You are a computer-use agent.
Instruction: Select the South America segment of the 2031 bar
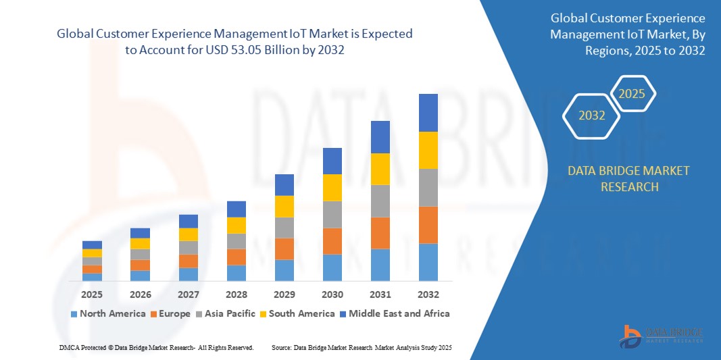380,169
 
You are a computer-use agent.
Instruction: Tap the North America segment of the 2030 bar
332,267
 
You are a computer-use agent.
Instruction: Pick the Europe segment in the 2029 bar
284,249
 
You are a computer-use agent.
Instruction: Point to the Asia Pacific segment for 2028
237,241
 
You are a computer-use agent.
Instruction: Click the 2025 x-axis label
92,294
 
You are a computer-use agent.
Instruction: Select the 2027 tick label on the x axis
189,294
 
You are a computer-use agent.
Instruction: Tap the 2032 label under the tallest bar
428,294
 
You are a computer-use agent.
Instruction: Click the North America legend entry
108,313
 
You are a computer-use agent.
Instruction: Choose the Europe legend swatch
153,314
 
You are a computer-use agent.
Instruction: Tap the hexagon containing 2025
632,94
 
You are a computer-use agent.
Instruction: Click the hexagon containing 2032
592,115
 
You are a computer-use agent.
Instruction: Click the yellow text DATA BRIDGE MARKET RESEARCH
629,178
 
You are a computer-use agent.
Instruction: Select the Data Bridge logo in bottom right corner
662,336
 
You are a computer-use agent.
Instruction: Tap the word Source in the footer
281,347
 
